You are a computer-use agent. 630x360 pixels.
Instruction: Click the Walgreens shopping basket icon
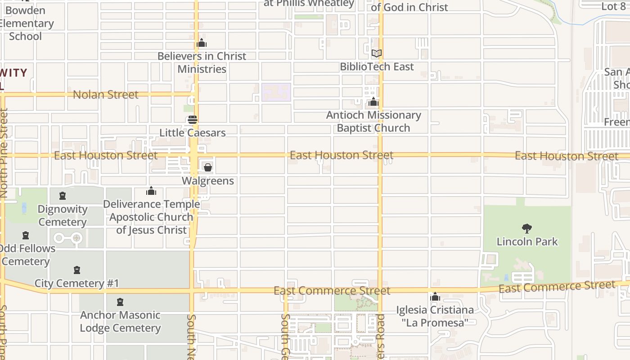click(x=208, y=168)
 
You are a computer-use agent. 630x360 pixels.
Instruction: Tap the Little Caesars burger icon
click(x=193, y=120)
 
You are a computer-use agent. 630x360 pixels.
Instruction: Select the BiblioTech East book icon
click(x=377, y=54)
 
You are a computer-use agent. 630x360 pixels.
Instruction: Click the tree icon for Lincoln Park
click(x=526, y=229)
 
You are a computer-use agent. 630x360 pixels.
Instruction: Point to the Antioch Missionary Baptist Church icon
click(x=373, y=102)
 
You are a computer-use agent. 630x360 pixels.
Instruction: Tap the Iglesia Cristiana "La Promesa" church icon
click(x=435, y=297)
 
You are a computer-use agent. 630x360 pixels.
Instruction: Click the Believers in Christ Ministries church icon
click(x=202, y=43)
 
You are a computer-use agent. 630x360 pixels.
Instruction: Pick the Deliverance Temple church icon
click(x=151, y=191)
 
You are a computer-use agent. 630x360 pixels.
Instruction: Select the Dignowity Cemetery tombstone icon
click(x=63, y=196)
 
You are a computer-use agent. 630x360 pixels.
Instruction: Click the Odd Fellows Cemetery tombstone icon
click(x=26, y=235)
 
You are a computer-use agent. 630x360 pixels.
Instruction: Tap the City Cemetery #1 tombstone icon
click(x=77, y=270)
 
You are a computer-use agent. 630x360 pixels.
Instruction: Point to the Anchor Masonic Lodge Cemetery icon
click(x=120, y=302)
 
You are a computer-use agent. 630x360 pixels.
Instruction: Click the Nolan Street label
click(x=106, y=94)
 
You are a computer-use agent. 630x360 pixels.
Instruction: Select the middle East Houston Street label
click(x=342, y=155)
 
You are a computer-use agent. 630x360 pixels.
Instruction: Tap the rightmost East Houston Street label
click(x=567, y=156)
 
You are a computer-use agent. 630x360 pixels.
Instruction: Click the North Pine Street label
click(x=4, y=153)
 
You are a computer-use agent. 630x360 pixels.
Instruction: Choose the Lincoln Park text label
click(x=527, y=242)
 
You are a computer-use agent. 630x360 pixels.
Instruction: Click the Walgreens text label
click(x=208, y=181)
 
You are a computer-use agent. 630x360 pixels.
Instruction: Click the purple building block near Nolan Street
click(x=276, y=92)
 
